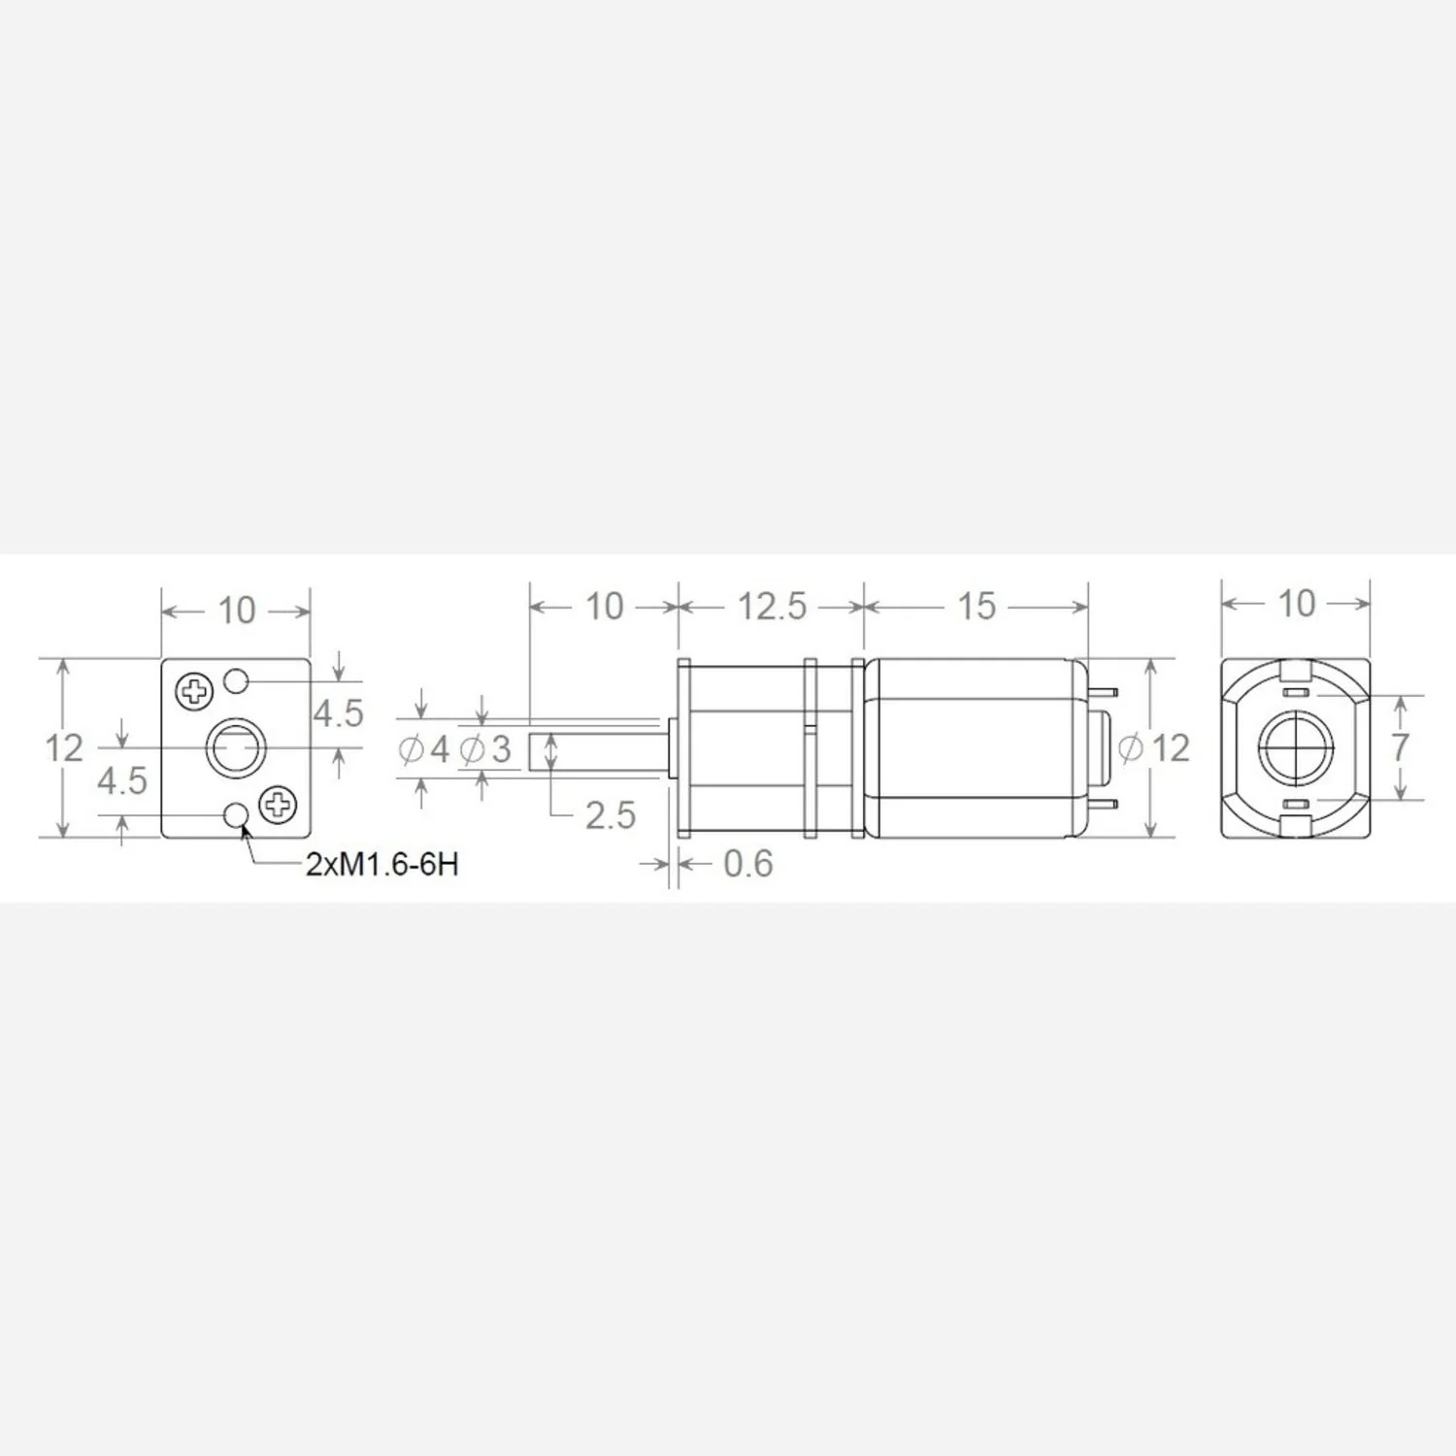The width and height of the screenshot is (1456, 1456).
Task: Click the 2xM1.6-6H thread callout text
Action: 381,865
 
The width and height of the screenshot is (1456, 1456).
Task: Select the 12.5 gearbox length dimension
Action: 773,607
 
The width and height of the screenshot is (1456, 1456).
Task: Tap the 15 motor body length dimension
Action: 976,607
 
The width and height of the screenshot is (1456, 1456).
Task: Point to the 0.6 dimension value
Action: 748,864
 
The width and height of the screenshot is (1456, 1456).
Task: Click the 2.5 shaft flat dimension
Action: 611,815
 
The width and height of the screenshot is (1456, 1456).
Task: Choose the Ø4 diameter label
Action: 424,749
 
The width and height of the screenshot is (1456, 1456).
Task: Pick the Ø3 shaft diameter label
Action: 485,749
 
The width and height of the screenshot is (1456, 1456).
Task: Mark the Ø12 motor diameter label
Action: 1154,748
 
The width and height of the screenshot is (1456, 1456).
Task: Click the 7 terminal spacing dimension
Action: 1400,747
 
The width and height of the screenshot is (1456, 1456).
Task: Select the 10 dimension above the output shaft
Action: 604,607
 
